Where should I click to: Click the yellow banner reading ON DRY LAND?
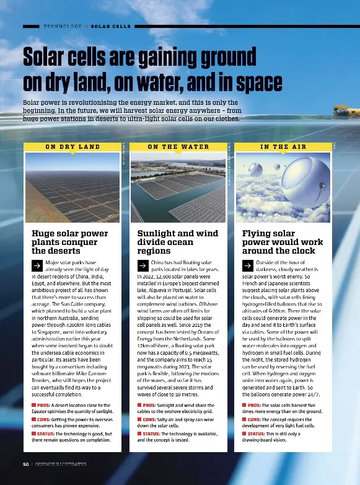click(72, 147)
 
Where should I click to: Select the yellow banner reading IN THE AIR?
click(283, 147)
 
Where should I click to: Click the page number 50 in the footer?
click(25, 464)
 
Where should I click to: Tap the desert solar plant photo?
click(72, 189)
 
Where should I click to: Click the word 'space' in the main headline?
click(253, 82)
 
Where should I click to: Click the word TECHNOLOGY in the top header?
click(63, 27)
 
